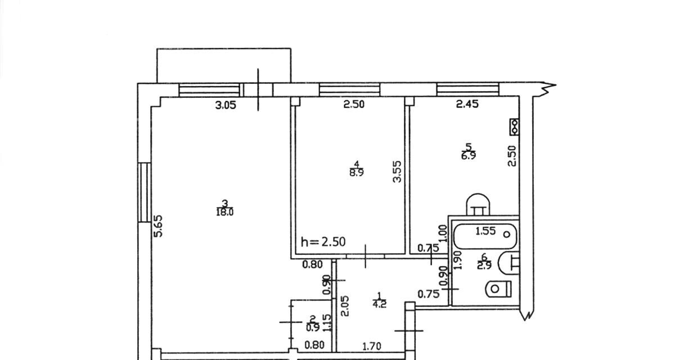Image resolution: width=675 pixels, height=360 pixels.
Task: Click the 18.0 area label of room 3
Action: pos(225,213)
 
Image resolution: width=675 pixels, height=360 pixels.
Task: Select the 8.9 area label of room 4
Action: pos(357,173)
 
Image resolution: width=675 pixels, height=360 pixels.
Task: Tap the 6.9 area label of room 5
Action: pos(469,156)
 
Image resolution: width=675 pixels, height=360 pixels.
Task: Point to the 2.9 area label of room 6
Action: pos(484,265)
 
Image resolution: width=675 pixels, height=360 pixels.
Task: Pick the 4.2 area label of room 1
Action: pos(379,304)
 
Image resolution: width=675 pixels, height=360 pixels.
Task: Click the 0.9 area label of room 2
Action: pos(313,328)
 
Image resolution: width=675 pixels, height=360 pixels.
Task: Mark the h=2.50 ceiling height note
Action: pos(323,242)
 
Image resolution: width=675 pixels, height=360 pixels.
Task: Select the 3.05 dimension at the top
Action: pos(226,105)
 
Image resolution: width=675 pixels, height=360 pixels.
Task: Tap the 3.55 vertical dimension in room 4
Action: pos(398,172)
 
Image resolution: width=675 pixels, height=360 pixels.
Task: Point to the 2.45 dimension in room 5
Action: pos(467,104)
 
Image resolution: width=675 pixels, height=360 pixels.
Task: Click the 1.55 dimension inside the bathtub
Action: pos(485,231)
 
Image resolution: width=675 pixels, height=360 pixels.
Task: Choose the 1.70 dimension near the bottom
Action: pos(372,346)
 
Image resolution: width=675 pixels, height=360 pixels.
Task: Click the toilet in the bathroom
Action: pos(499,289)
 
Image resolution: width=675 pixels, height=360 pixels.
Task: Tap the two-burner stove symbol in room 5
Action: pos(514,127)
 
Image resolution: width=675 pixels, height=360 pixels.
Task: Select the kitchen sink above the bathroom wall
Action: pos(478,205)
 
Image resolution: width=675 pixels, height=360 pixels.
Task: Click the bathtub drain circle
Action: pos(507,235)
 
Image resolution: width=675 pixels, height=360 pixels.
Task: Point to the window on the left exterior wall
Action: pos(145,192)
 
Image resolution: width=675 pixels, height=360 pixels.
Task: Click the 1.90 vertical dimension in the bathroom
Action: pos(457,260)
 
